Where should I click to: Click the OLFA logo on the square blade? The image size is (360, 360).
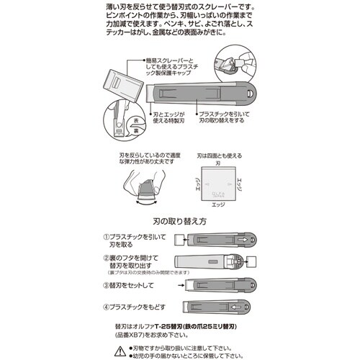pos(219,192)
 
